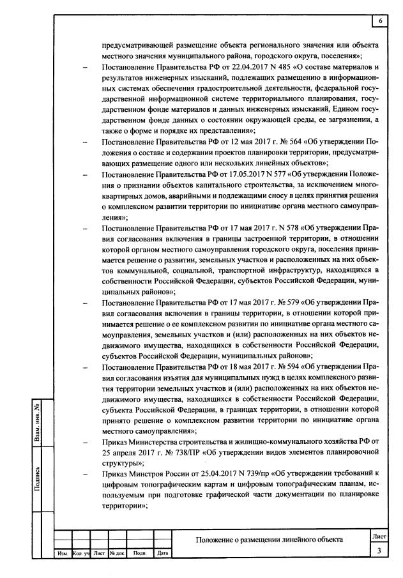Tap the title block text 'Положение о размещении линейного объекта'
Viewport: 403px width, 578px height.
[269, 540]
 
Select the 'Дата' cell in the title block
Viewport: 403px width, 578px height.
[162, 553]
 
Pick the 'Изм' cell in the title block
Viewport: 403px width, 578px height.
[63, 553]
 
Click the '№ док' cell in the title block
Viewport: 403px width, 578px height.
[117, 553]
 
